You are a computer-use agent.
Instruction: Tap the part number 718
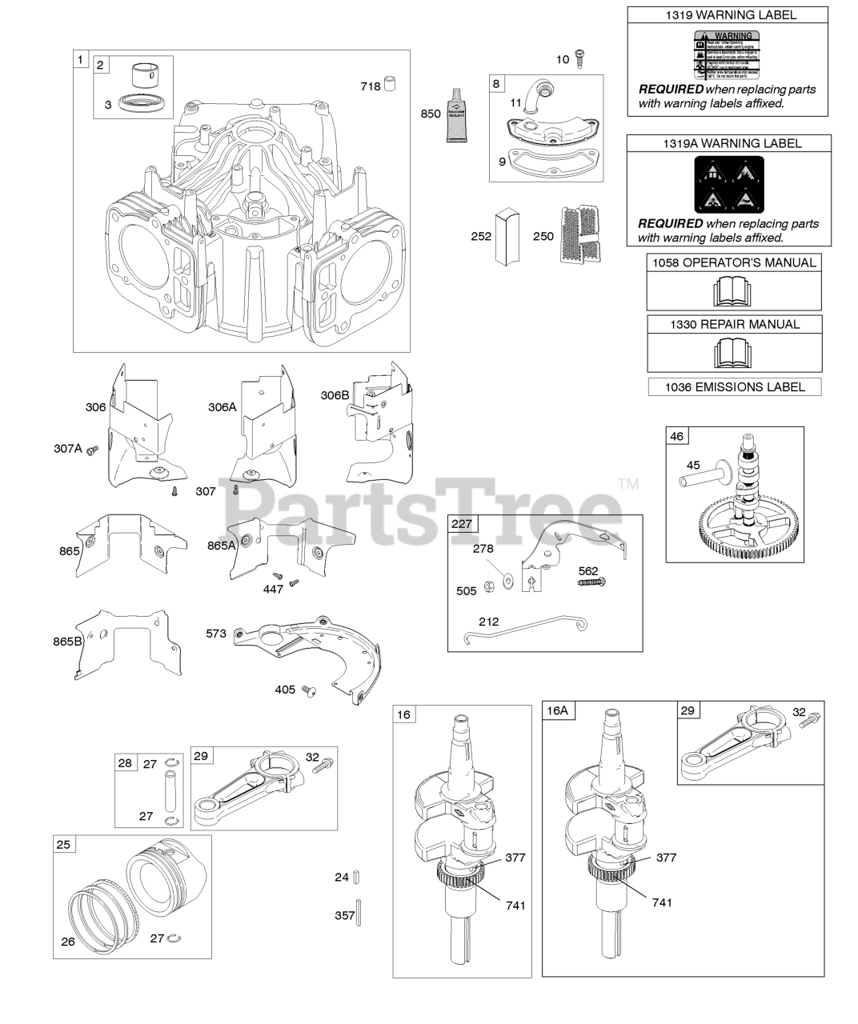(370, 86)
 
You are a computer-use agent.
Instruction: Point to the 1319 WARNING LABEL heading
(729, 14)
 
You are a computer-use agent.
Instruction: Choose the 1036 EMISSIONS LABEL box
(733, 387)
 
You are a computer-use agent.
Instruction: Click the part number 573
(216, 634)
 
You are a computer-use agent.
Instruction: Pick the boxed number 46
(676, 437)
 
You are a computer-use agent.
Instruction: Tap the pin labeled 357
(359, 914)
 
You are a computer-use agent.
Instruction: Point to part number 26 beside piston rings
(68, 942)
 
